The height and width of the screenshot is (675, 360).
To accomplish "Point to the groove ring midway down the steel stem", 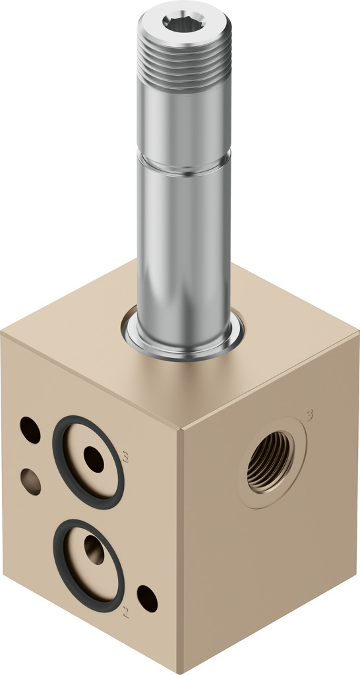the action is pos(185,163).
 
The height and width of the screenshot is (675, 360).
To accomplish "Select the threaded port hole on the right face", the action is pos(270,462).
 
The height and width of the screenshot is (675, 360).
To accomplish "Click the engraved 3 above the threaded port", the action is pos(310,415).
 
